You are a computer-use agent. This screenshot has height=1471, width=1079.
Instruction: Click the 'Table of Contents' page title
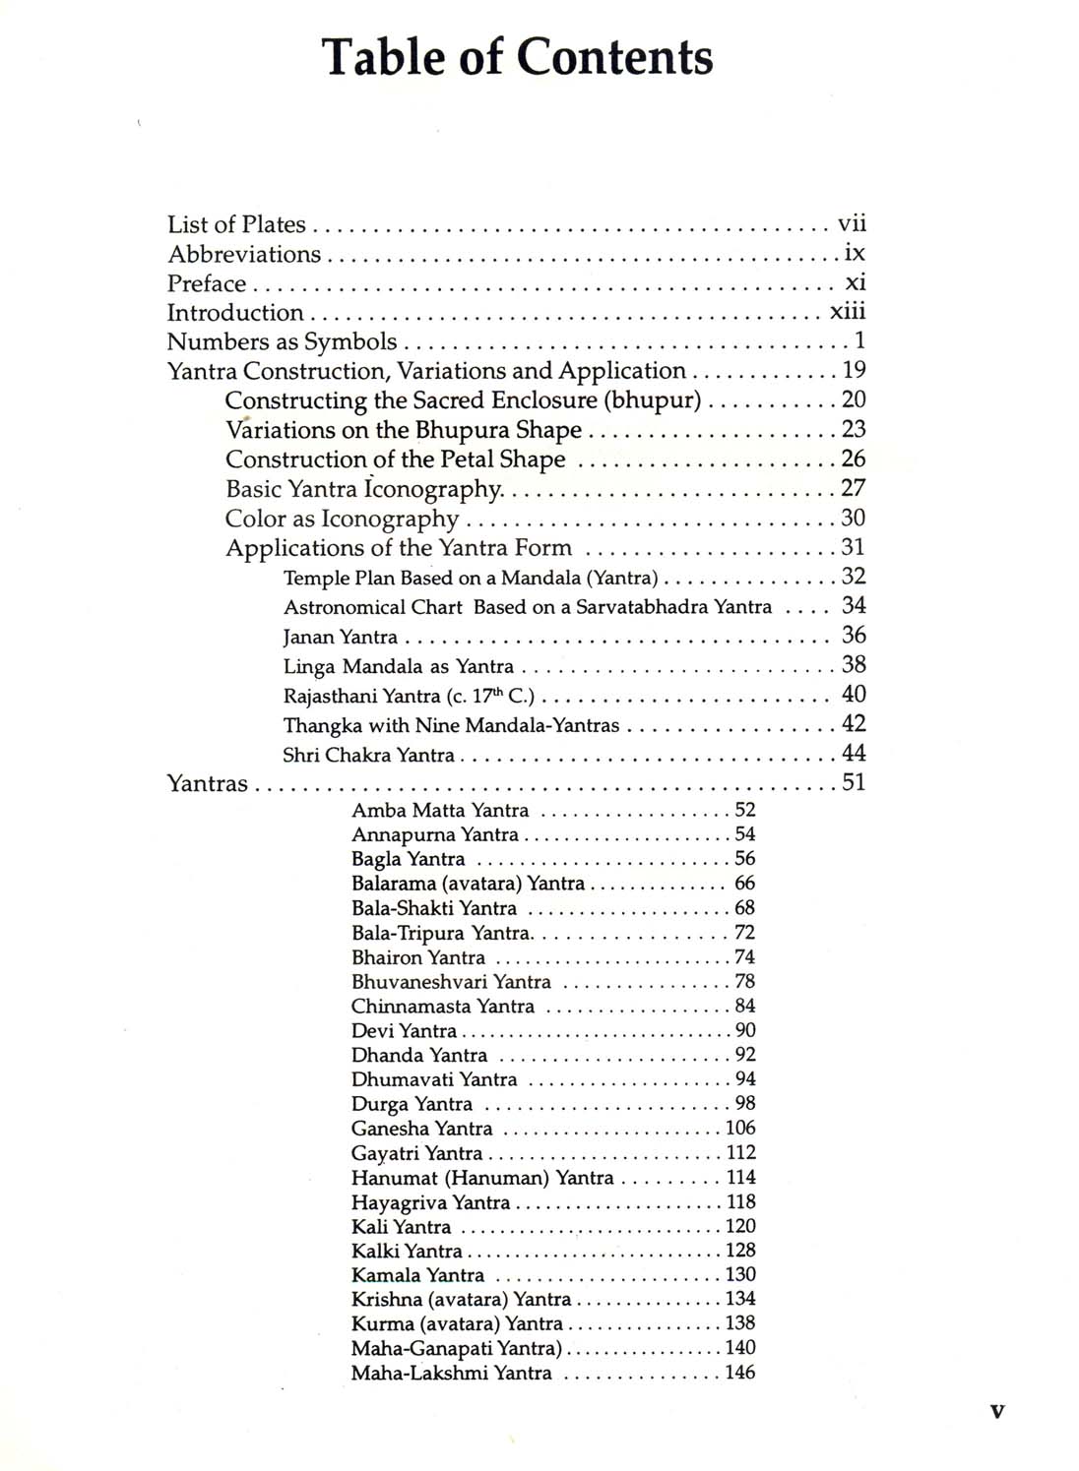click(518, 57)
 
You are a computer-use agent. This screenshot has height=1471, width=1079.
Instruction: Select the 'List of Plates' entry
click(236, 224)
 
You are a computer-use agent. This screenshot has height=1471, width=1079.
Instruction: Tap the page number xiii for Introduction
click(848, 312)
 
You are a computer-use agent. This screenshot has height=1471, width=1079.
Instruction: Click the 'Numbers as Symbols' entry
click(282, 342)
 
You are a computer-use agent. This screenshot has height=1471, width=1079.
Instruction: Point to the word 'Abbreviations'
click(244, 254)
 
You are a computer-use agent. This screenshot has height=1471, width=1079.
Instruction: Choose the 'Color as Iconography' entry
click(342, 519)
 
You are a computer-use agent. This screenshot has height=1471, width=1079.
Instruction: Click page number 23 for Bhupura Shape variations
click(853, 429)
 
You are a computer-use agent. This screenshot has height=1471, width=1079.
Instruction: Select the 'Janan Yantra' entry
click(341, 637)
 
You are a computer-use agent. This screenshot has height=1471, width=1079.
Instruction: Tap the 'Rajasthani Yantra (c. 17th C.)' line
click(409, 696)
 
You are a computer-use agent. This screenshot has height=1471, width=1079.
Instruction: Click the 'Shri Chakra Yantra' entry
click(369, 755)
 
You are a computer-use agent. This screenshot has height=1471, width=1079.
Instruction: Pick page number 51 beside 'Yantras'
click(853, 783)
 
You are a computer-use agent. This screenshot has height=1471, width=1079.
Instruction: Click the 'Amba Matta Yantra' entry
click(440, 811)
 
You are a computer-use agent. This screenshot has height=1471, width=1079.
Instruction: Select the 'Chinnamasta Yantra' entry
click(443, 1007)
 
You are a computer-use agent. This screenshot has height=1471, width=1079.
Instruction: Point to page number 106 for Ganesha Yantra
click(740, 1129)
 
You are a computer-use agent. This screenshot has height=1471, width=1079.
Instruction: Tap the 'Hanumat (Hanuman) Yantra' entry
click(482, 1178)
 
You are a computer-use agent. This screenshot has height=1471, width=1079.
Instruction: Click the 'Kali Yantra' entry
click(401, 1227)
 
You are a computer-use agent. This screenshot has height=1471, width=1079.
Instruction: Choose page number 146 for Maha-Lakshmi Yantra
click(740, 1373)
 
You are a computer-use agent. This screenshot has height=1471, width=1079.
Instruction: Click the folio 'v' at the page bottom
click(997, 1412)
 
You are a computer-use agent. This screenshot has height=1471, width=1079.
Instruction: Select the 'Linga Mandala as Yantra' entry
click(399, 666)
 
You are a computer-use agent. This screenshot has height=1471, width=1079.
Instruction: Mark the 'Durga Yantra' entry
click(412, 1104)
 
